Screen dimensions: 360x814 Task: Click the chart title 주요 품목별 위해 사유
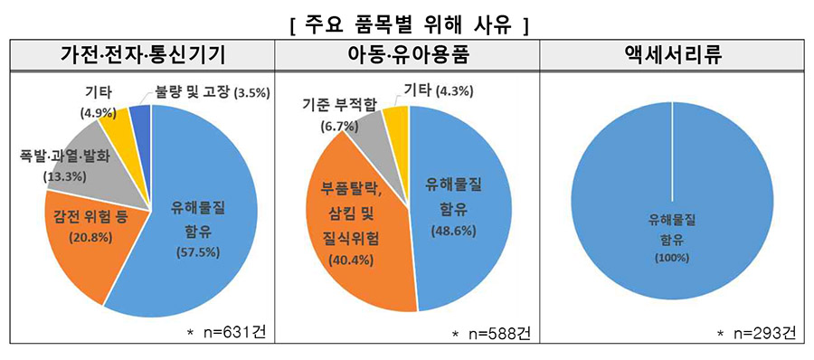(407, 22)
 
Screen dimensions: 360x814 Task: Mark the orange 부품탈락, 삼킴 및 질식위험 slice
(357, 226)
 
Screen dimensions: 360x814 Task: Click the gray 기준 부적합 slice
(366, 136)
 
